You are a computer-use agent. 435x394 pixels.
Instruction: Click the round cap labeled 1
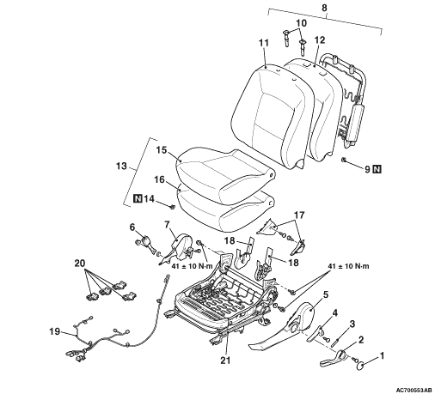pos(360,366)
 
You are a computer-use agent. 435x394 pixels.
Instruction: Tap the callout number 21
pos(225,361)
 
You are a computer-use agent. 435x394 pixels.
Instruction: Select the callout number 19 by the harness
pos(55,331)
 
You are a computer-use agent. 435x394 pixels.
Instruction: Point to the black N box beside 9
pos(377,169)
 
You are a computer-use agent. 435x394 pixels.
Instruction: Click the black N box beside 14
pos(138,198)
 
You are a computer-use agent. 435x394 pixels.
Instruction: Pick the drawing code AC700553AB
pos(414,390)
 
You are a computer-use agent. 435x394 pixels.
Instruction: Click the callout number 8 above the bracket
pos(324,8)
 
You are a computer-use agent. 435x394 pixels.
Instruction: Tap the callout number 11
pos(264,43)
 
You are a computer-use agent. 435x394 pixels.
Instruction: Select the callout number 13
pos(122,166)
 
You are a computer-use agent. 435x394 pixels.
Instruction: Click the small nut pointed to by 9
pos(344,160)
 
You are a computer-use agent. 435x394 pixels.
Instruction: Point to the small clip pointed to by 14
pos(172,206)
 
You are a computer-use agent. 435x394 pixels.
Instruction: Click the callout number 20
pos(80,263)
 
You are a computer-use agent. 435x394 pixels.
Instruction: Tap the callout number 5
pos(325,294)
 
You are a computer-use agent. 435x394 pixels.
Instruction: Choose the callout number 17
pos(299,215)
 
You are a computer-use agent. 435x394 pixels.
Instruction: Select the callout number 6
pos(132,227)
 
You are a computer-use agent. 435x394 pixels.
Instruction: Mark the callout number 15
pos(162,150)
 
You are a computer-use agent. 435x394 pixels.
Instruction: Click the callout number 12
pos(320,40)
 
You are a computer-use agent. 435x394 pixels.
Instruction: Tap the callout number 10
pos(301,23)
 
